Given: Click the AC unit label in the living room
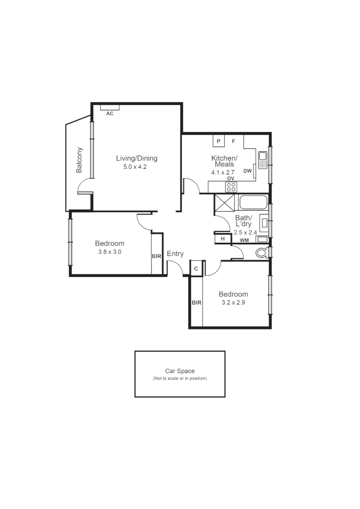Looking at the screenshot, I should pos(110,114).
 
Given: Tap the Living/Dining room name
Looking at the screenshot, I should pos(137,158).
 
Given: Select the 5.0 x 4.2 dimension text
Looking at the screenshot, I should pos(135,167).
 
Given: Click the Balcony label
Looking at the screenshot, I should pos(79,160).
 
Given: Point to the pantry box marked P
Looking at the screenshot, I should pos(219,141).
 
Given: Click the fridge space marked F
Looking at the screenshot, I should pos(233,141).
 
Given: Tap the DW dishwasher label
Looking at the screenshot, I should pos(247,171).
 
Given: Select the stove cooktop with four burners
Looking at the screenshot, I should pos(231,187).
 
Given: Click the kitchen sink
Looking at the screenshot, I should pos(262,160).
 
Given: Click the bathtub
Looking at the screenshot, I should pos(253,203).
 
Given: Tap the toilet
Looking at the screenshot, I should pos(262,253).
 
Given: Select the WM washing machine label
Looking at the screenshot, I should pos(244,241).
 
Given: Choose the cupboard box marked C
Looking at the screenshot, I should pos(196,269).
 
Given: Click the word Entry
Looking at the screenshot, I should pos(175,254).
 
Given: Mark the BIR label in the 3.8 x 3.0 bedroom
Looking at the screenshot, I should pos(156,256).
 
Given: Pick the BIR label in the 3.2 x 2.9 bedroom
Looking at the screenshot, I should pos(196,303).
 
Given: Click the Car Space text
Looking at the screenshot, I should pos(180,371).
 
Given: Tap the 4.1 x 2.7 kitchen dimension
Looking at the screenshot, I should pos(223,172).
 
